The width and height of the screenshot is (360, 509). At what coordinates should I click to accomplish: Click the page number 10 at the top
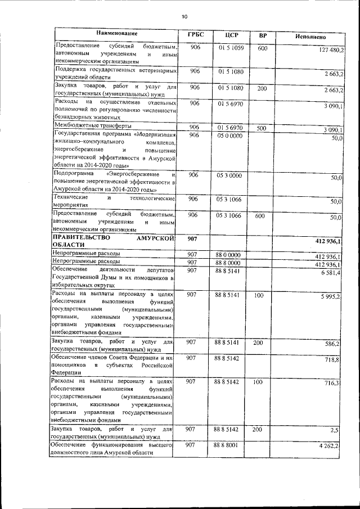click(x=184, y=16)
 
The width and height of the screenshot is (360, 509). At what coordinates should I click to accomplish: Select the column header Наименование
click(x=116, y=34)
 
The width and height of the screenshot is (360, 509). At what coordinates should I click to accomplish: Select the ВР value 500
click(x=262, y=129)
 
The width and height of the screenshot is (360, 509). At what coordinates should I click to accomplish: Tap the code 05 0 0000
click(x=228, y=136)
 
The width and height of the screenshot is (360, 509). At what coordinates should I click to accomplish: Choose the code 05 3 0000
click(x=228, y=175)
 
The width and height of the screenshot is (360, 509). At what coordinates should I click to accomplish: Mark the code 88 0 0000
click(x=228, y=255)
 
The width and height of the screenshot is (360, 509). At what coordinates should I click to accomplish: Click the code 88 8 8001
click(x=228, y=445)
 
